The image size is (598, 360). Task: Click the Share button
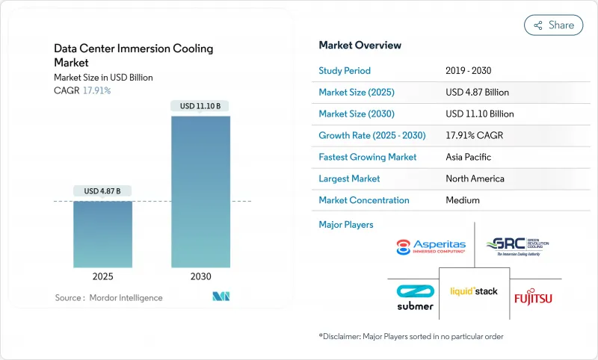[x=553, y=25]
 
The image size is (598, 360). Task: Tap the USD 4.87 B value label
[x=102, y=191]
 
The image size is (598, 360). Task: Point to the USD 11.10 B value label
[x=200, y=106]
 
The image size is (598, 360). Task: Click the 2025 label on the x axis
[x=102, y=276]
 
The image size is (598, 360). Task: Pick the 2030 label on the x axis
[x=200, y=276]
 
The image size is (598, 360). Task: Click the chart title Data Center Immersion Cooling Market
[x=133, y=55]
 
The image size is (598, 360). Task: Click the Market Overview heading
[x=360, y=45]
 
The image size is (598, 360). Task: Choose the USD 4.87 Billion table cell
[x=476, y=93]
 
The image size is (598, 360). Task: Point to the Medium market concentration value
[x=463, y=200]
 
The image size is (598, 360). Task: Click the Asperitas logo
[x=431, y=247]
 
